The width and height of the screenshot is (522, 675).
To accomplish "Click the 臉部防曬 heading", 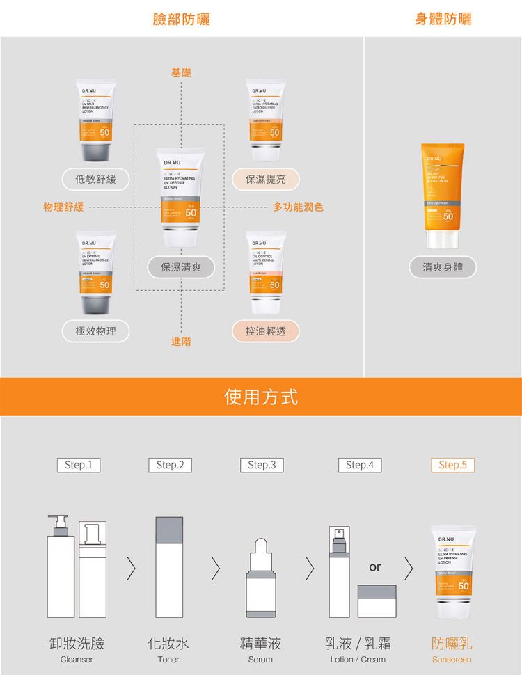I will (181, 19).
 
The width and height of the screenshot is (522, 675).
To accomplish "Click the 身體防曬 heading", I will (443, 19).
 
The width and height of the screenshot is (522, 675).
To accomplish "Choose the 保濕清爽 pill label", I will (180, 267).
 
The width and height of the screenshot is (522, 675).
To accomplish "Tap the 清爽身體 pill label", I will (443, 267).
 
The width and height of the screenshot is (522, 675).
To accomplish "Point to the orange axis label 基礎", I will (181, 72).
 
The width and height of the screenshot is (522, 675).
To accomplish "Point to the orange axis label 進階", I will (181, 342).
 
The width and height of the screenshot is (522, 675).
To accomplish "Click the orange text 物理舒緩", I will (63, 207).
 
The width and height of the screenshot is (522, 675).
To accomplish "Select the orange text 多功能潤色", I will (298, 207).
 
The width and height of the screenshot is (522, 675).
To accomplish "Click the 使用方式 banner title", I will (261, 397).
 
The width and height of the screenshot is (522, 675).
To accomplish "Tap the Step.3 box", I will (261, 465).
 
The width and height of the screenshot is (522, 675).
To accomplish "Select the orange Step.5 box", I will (452, 465).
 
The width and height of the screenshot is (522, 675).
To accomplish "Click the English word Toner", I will (168, 660).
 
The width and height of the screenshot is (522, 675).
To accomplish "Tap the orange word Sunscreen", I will (452, 660).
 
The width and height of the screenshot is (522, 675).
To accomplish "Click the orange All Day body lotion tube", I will (443, 196).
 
